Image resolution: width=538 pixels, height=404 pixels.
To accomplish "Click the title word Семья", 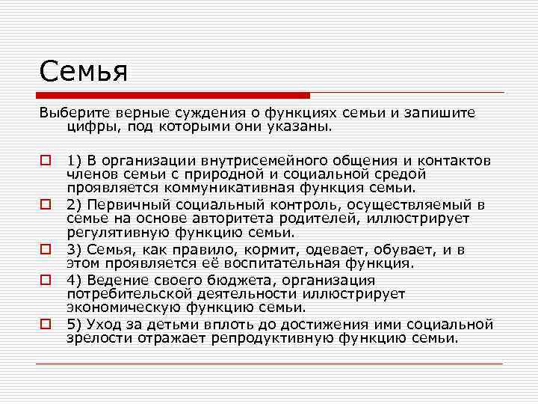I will [x=84, y=72].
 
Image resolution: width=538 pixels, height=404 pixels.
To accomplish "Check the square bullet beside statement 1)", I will [x=46, y=160].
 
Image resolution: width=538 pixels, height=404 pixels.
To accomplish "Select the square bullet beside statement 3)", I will [x=46, y=249].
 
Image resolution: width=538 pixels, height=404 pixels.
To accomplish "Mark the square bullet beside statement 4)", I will [x=46, y=279].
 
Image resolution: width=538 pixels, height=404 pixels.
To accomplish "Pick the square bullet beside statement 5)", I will [x=46, y=324].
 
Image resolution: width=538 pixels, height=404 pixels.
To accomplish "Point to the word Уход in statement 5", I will [x=105, y=324].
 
